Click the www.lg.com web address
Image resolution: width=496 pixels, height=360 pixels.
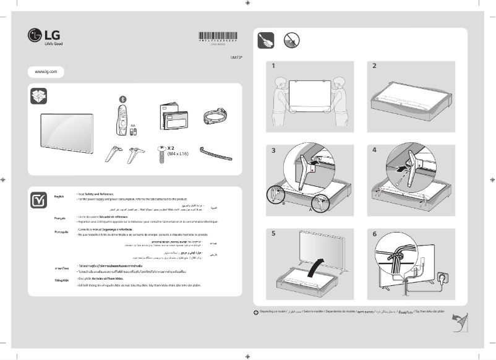46,72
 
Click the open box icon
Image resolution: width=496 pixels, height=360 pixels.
38,96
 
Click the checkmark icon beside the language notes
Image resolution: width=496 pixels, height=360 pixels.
38,200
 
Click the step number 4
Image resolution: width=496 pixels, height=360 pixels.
374,150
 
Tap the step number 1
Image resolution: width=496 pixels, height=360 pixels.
273,66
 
